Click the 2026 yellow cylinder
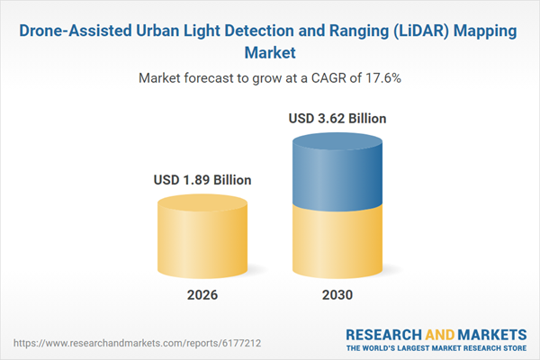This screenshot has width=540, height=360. tap(202, 238)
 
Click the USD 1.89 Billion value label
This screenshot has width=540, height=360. tap(202, 180)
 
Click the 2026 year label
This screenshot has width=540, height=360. tap(202, 295)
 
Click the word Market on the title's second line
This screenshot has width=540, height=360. tap(270, 52)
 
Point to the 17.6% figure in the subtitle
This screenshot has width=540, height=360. tap(382, 78)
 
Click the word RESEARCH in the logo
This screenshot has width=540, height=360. tap(385, 334)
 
